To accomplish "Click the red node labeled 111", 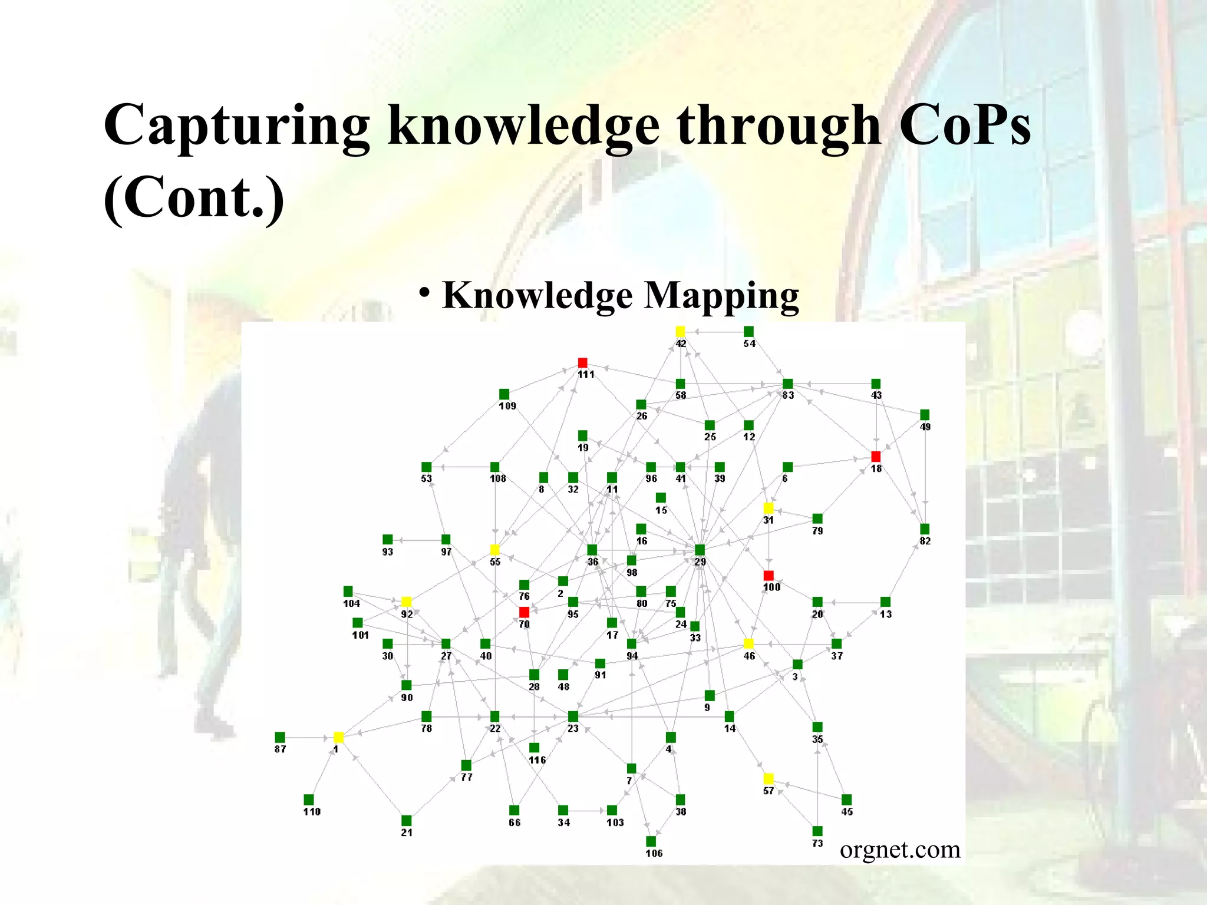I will pos(582,362).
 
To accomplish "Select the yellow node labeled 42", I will pos(680,331).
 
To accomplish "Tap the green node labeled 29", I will pos(700,550).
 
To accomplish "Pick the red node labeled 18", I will pos(876,457).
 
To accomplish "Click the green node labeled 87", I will pos(280,737).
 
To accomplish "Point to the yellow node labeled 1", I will pos(338,737).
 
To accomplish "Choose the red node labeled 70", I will pos(524,612).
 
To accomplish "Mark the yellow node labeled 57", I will pos(769,779).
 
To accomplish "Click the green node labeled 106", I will pos(651,841).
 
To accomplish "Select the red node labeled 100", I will pos(769,575).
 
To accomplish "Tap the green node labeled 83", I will pos(787,384).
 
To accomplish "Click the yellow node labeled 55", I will pos(494,550).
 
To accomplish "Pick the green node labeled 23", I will pos(573,716).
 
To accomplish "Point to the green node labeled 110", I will pos(309,800).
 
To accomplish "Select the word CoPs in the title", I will pos(965,125).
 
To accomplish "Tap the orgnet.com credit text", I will pos(900,850).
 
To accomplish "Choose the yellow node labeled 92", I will pos(406,602).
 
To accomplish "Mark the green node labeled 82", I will pos(925,529).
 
